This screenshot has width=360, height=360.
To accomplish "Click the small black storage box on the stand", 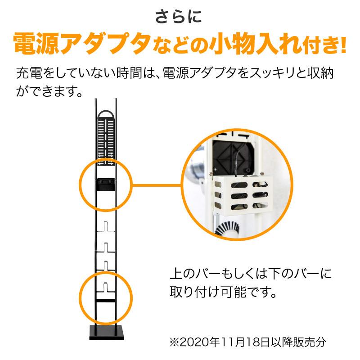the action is (x=104, y=184).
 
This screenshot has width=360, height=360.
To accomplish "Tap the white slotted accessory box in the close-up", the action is (x=243, y=193).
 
